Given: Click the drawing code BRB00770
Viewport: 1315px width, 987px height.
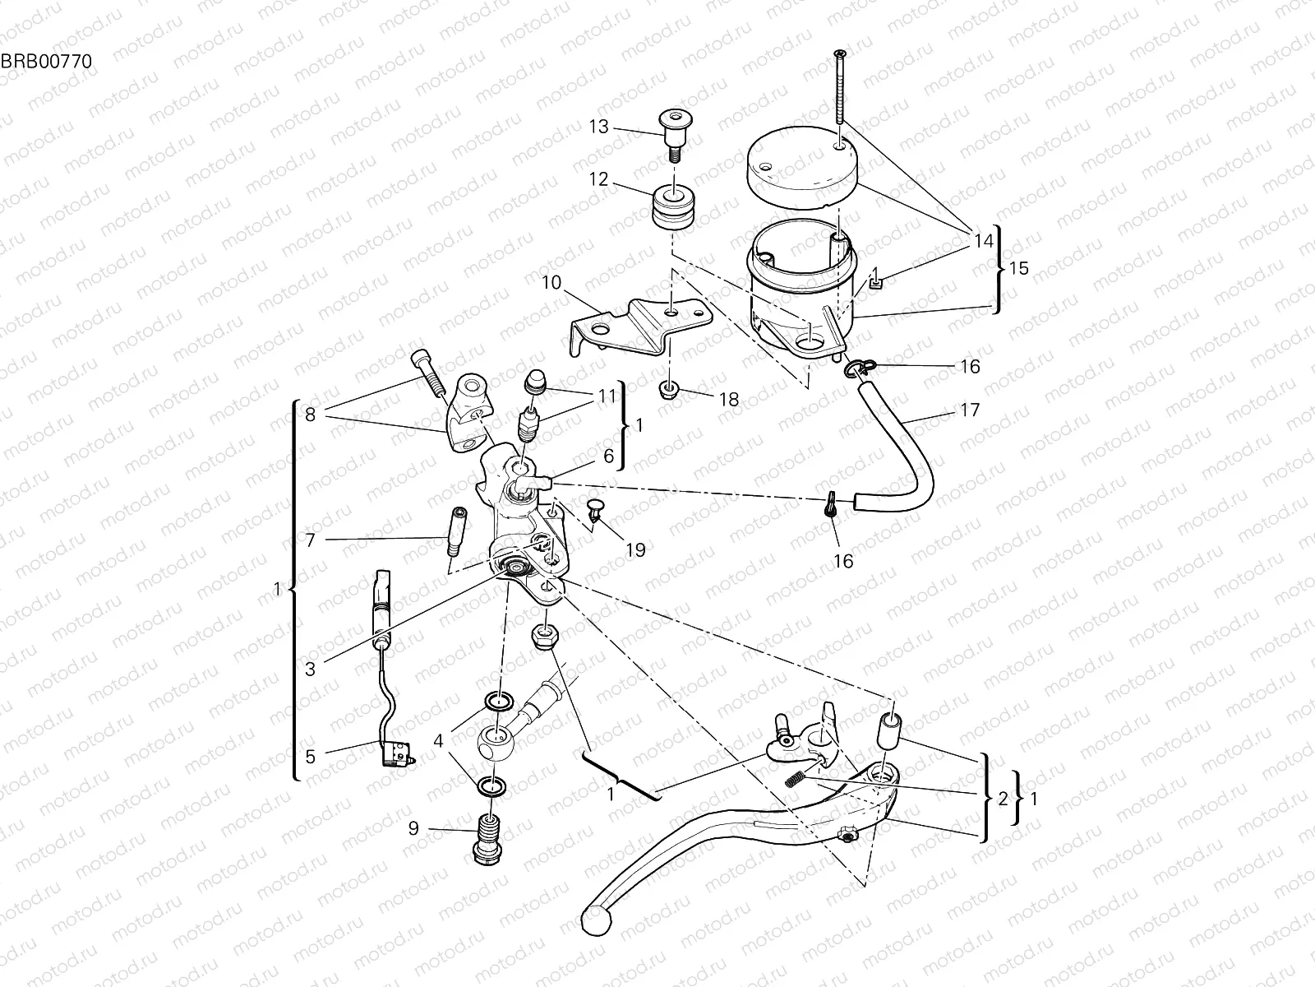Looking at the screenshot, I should pyautogui.click(x=45, y=61).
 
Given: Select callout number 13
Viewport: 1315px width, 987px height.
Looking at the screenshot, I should pyautogui.click(x=599, y=126).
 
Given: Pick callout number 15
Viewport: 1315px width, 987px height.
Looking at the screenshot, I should pyautogui.click(x=1018, y=269).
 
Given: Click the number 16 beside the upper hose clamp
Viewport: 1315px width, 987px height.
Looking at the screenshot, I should pyautogui.click(x=970, y=367).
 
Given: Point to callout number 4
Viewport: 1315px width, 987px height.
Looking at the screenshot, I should pyautogui.click(x=439, y=740).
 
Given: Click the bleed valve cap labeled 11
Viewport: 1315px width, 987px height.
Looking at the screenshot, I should pyautogui.click(x=535, y=383).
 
